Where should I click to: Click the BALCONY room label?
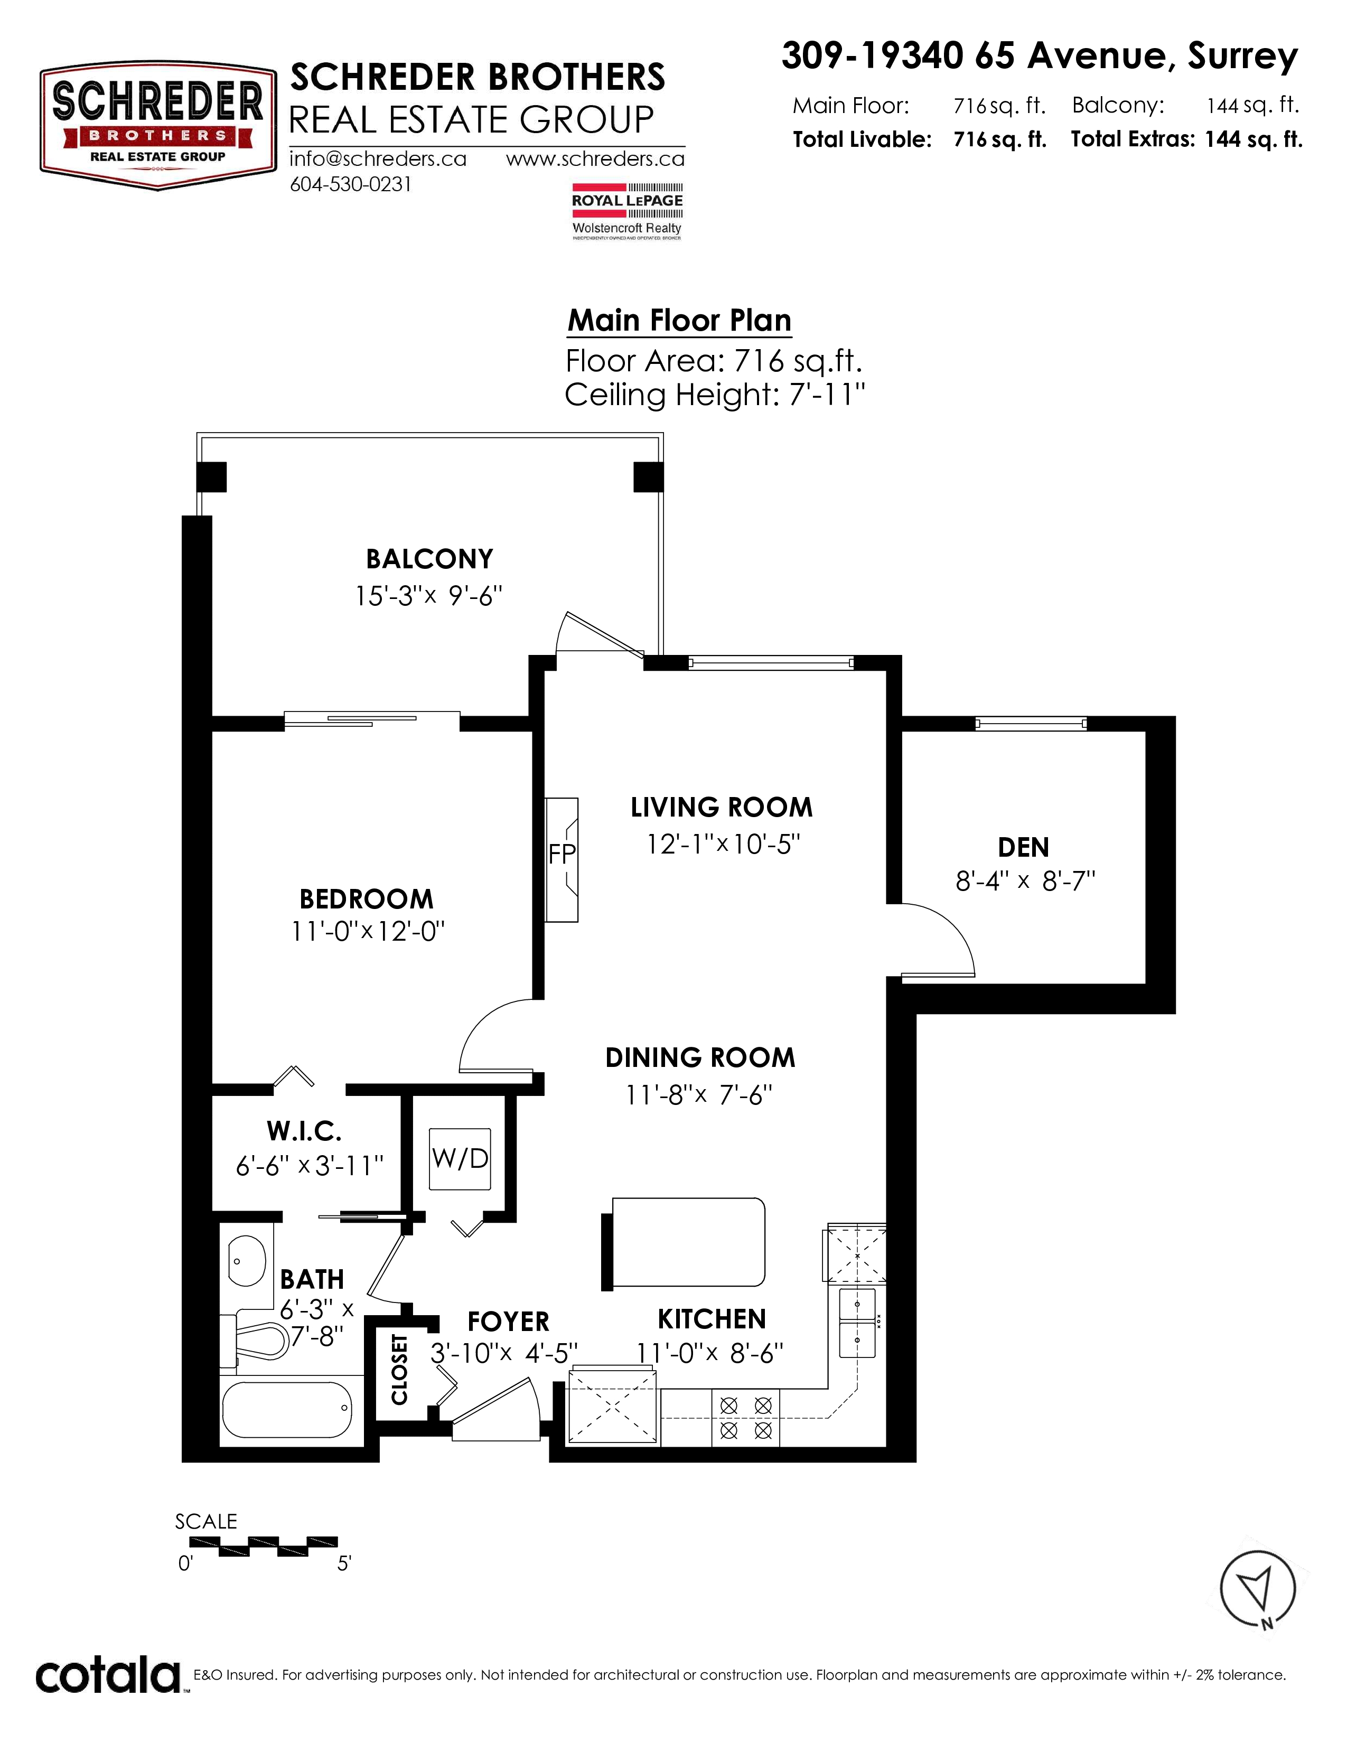pyautogui.click(x=429, y=559)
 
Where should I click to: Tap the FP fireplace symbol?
pyautogui.click(x=562, y=859)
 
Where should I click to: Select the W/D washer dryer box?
pyautogui.click(x=460, y=1158)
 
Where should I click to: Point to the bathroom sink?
pyautogui.click(x=247, y=1261)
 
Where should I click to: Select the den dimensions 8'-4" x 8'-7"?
pyautogui.click(x=1025, y=881)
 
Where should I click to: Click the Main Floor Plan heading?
pyautogui.click(x=679, y=320)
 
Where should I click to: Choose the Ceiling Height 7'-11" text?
pyautogui.click(x=715, y=394)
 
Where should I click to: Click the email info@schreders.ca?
pyautogui.click(x=378, y=159)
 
